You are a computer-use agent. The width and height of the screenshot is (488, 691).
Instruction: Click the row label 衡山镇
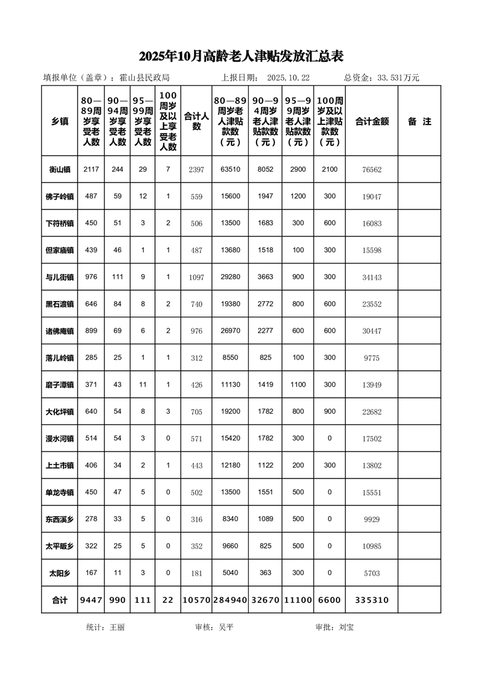(60, 169)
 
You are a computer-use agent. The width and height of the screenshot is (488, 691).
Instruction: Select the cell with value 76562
(372, 169)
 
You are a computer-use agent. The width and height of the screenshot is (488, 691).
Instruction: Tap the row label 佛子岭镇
(60, 196)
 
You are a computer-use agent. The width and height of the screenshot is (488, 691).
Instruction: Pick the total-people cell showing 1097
(196, 278)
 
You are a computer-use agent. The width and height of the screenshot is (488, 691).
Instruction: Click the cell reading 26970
(230, 331)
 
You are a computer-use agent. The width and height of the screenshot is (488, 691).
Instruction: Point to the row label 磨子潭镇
(60, 385)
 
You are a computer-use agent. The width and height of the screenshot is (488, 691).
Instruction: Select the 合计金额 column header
(372, 121)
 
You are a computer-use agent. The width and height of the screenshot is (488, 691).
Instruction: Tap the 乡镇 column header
(60, 121)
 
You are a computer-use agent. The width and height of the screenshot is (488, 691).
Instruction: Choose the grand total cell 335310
(372, 600)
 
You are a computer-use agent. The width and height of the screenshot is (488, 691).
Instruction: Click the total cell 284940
(230, 600)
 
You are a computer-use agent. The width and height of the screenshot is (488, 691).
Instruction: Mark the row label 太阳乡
(60, 573)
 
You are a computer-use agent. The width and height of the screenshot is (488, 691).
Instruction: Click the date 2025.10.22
(289, 78)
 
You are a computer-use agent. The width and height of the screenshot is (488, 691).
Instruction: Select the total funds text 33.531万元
(398, 78)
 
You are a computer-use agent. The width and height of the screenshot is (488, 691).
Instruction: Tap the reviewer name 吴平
(226, 627)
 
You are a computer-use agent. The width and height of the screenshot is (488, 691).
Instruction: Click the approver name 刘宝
(346, 627)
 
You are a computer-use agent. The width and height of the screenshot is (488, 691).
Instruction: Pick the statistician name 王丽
(117, 627)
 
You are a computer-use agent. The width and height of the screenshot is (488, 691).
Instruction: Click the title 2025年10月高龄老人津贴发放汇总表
(241, 56)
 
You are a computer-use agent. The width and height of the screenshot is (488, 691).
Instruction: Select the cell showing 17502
(372, 439)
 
